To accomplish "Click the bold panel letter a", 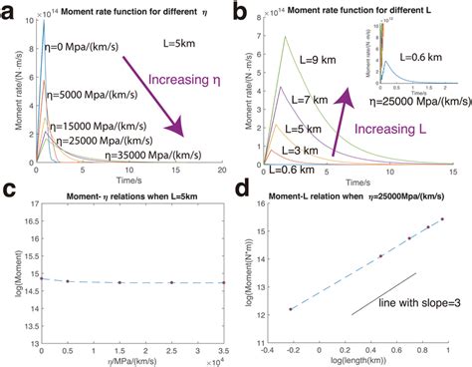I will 8,12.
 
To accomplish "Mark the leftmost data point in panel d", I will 290,309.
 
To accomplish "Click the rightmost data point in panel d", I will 442,218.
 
